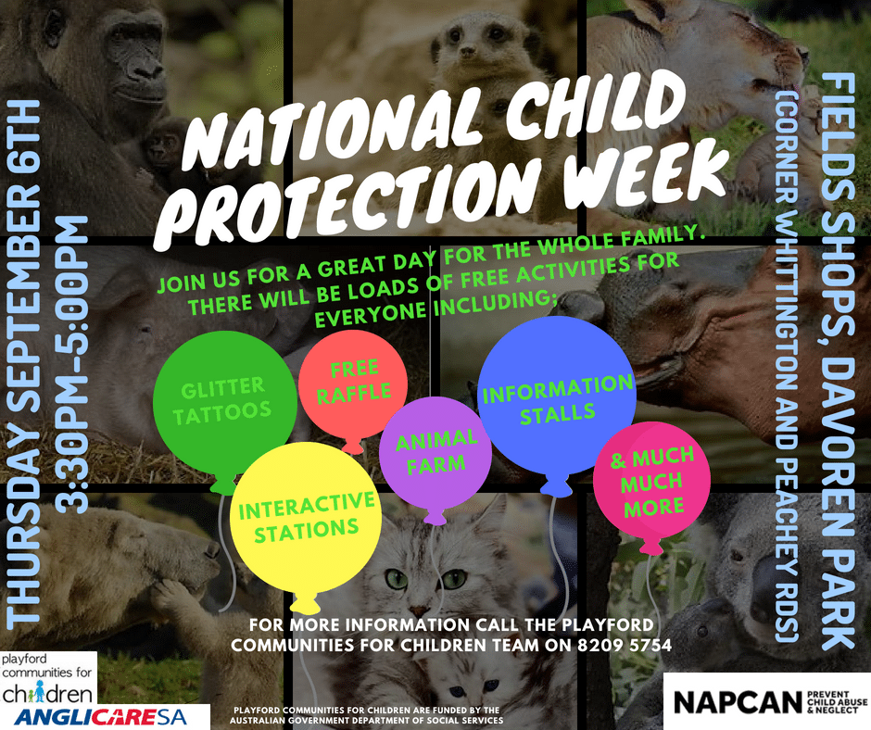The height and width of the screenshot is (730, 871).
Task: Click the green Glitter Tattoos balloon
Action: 224,403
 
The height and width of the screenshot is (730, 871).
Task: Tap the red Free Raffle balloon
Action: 353,384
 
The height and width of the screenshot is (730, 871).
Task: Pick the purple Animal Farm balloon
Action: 435,453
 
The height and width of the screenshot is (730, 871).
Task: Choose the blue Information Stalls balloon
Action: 557,397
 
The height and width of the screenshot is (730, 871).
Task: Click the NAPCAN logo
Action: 767,701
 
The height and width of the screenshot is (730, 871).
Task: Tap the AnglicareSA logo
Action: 101,717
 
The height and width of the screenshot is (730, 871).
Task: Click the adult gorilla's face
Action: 133,53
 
